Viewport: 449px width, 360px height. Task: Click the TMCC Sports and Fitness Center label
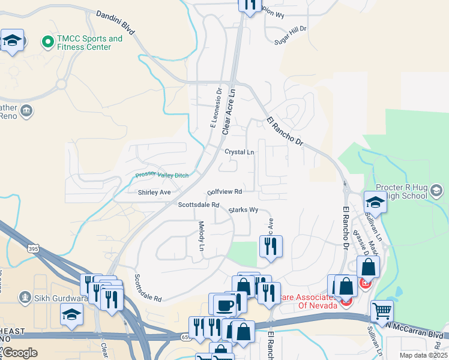[x=89, y=43]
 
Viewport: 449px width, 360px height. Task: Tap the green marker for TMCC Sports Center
[x=47, y=42]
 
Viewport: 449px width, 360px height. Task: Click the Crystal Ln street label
[x=240, y=152]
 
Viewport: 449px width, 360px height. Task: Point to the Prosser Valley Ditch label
[x=161, y=175]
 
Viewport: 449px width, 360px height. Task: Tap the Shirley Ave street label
[x=154, y=193]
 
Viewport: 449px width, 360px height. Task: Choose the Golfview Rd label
[x=224, y=192]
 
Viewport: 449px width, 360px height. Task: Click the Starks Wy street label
[x=244, y=210]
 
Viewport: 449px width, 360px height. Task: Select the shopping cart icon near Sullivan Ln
[x=382, y=311]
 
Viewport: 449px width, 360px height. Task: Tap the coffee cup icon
[x=224, y=305]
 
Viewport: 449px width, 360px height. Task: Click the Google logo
[x=20, y=353]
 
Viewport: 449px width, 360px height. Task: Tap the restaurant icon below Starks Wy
[x=270, y=246]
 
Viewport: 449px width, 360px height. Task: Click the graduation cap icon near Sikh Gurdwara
[x=71, y=314]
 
